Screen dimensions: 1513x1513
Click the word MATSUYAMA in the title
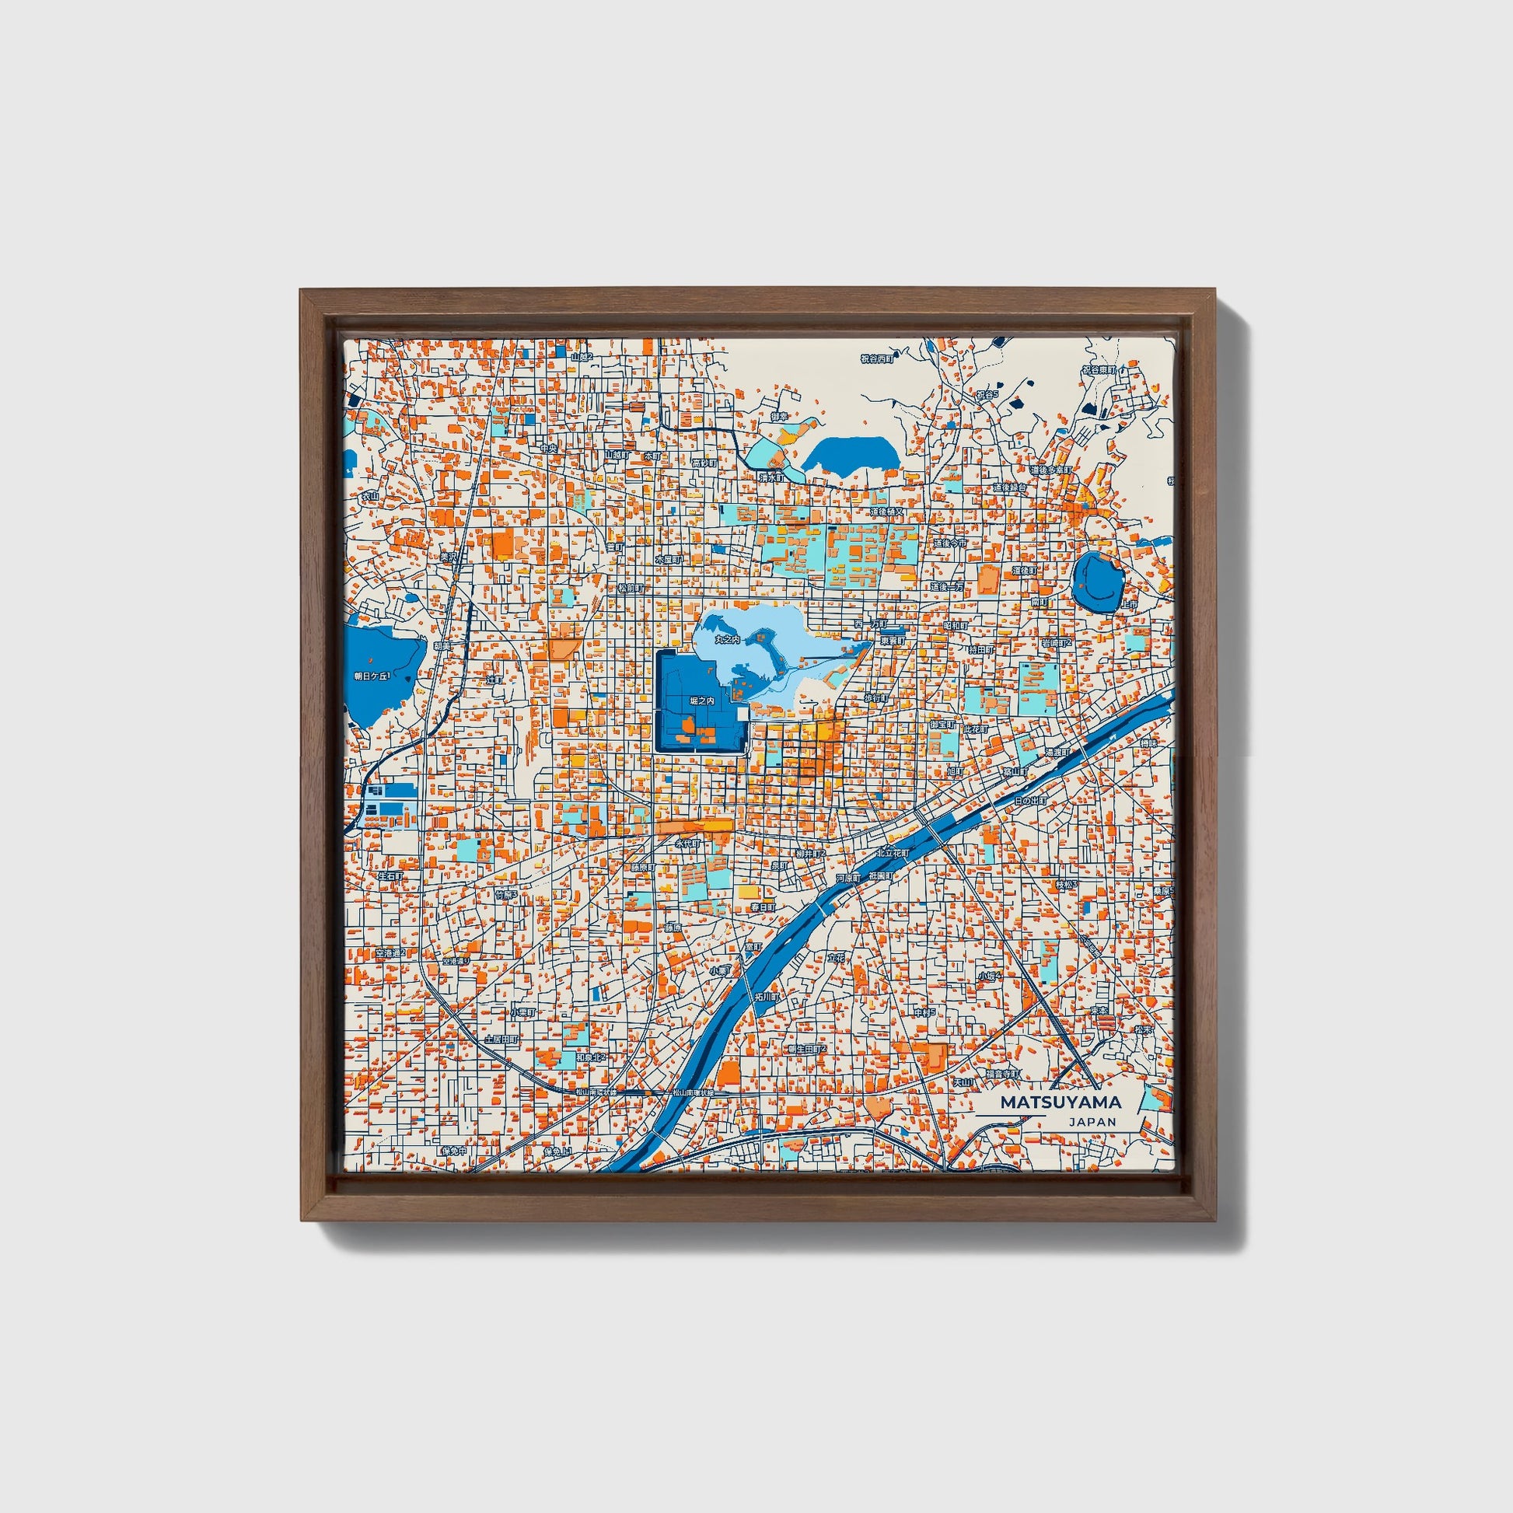click(1060, 1102)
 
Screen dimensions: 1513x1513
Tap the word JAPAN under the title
click(1092, 1121)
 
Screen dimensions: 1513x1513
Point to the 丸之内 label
click(727, 641)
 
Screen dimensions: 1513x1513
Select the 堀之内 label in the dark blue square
click(701, 701)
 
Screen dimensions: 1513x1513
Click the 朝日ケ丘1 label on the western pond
click(371, 676)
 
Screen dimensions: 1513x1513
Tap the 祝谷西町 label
click(876, 359)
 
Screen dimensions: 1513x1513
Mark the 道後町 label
click(1024, 571)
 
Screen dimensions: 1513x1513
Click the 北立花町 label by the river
click(890, 854)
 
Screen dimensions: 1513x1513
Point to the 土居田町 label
click(501, 1040)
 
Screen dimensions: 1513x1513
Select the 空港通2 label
click(390, 953)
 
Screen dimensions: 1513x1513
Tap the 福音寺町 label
click(1003, 1074)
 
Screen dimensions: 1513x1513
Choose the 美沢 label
click(448, 557)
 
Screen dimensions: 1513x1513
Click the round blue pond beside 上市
click(1099, 581)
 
